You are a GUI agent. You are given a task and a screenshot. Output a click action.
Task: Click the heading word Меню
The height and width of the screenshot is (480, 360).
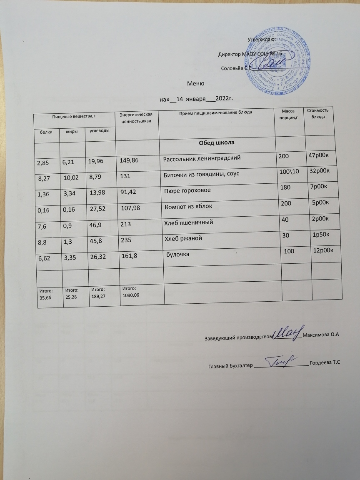(195, 83)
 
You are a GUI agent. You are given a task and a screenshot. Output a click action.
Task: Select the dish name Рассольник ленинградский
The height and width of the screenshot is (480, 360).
(201, 159)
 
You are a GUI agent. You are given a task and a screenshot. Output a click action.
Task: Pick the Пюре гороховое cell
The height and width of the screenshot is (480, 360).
(186, 190)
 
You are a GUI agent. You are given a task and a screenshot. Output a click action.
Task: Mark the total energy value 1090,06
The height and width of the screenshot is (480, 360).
(131, 295)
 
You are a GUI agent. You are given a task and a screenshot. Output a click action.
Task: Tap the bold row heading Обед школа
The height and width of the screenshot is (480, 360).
(217, 143)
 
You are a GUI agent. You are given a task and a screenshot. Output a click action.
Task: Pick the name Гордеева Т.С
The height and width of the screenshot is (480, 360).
(325, 364)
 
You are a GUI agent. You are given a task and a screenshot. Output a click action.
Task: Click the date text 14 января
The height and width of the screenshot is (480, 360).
(191, 99)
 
